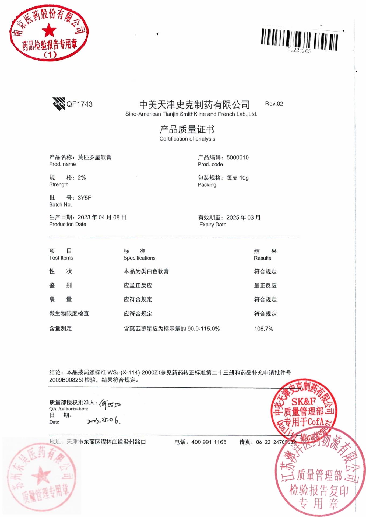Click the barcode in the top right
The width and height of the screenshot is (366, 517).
299,40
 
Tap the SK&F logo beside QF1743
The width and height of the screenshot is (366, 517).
59,104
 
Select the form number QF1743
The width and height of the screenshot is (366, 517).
80,104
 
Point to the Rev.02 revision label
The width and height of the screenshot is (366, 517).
274,104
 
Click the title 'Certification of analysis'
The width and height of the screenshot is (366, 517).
187,139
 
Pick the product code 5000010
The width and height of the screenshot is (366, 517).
237,158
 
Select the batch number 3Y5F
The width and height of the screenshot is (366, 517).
84,198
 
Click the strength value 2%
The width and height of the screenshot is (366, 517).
82,177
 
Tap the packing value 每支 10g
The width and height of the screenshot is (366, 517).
237,178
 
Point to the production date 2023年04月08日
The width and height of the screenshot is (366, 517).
102,217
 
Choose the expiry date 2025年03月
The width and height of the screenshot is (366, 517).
243,218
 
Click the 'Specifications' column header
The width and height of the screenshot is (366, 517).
139,258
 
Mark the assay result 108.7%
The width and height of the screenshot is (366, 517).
263,329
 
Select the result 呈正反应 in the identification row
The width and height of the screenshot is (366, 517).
265,285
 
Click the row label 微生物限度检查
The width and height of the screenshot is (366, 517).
69,313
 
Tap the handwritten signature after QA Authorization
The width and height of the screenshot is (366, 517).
110,404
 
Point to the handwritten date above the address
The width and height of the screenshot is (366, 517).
103,420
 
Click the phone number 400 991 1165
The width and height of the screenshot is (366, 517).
209,442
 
